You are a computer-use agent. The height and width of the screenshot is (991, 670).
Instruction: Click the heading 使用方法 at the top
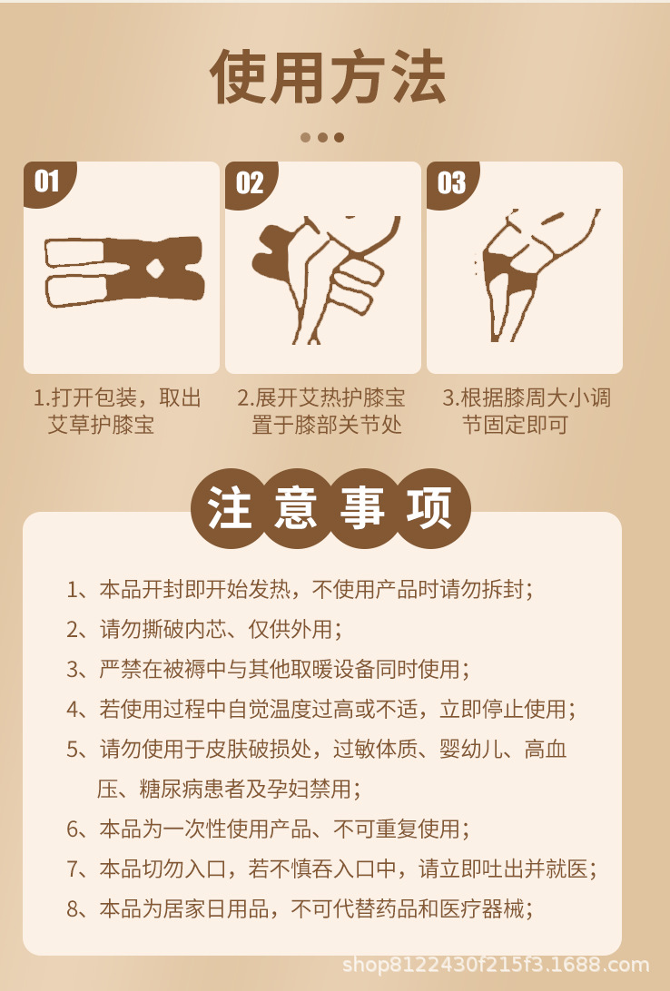(x=328, y=76)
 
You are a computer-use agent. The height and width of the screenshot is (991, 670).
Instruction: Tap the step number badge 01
(x=48, y=182)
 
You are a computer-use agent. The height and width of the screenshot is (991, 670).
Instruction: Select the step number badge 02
(x=250, y=183)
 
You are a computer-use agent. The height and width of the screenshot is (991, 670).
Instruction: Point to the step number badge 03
(x=451, y=183)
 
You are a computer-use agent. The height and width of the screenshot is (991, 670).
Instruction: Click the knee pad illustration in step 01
(x=124, y=271)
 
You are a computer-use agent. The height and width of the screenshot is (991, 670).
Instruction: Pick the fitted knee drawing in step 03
(x=537, y=275)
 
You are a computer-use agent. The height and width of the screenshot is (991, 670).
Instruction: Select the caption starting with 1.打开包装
(x=117, y=411)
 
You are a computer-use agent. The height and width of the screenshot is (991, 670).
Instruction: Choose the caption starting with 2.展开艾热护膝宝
(x=321, y=411)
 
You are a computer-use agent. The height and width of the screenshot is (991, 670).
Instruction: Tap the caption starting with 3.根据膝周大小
(x=527, y=411)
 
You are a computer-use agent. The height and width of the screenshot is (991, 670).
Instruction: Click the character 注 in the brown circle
(x=230, y=508)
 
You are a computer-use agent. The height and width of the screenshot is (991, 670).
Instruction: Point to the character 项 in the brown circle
(x=429, y=508)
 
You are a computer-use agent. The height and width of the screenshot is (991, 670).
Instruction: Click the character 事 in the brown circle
(x=363, y=508)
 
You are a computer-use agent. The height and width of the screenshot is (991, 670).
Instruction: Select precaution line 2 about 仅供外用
(x=204, y=629)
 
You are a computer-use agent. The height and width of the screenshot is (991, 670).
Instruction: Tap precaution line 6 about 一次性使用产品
(x=268, y=829)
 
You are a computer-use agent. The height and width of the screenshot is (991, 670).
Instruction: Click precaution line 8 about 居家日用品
(x=300, y=908)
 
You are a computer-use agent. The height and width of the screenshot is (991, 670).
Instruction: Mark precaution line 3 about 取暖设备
(x=268, y=669)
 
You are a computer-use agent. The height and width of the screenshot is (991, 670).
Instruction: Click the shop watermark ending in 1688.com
(x=496, y=965)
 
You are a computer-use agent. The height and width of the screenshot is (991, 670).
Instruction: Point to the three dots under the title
(x=322, y=137)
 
